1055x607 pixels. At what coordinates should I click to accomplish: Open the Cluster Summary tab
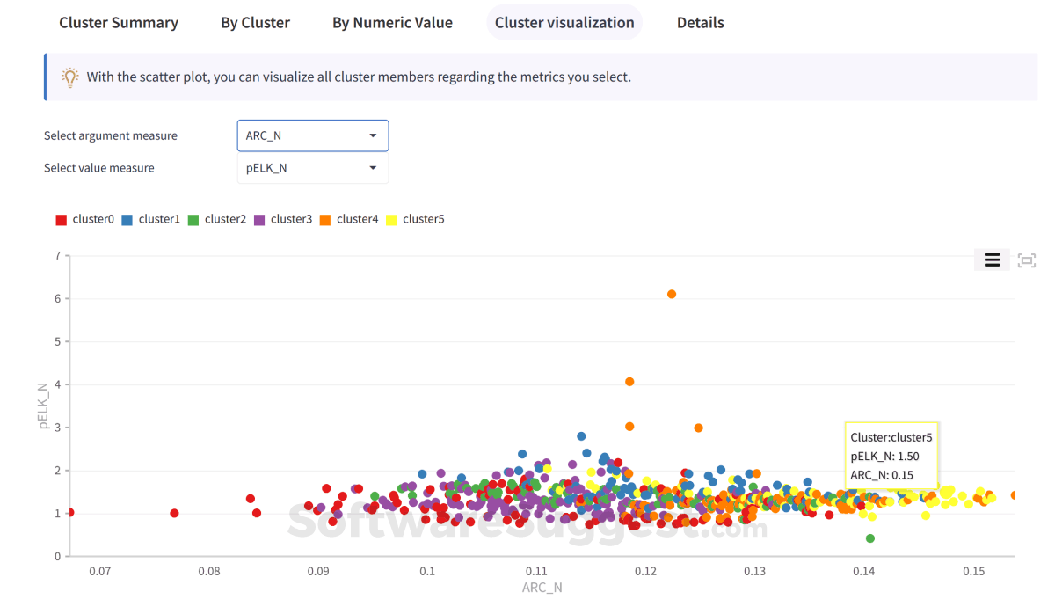tap(119, 23)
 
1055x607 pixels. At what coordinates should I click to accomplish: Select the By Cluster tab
tap(255, 23)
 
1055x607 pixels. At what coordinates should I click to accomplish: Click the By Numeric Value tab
tap(392, 23)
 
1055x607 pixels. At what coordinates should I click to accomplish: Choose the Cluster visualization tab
tap(564, 23)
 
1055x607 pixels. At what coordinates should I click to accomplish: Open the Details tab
tap(700, 23)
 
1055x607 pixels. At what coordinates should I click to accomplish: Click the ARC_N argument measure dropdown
tap(312, 135)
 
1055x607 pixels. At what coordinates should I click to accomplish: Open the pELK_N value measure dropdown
tap(312, 168)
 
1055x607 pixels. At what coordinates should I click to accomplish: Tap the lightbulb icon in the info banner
tap(70, 77)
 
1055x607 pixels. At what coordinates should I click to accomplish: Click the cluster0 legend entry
tap(85, 219)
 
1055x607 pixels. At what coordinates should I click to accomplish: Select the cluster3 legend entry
tap(283, 219)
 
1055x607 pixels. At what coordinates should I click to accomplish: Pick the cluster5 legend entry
tap(415, 219)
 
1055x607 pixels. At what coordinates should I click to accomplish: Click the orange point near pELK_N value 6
tap(672, 294)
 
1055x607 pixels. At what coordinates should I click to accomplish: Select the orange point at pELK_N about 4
tap(629, 382)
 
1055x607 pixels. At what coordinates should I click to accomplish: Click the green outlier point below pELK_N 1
tap(870, 538)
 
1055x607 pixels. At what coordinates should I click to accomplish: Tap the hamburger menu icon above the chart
tap(992, 260)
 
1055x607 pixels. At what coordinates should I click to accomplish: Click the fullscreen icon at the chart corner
tap(1026, 260)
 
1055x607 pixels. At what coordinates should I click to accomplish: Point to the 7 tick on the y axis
tap(57, 256)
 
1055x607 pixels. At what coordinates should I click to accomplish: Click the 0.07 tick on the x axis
tap(99, 572)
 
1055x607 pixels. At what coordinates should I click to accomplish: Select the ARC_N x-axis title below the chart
tap(542, 588)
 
